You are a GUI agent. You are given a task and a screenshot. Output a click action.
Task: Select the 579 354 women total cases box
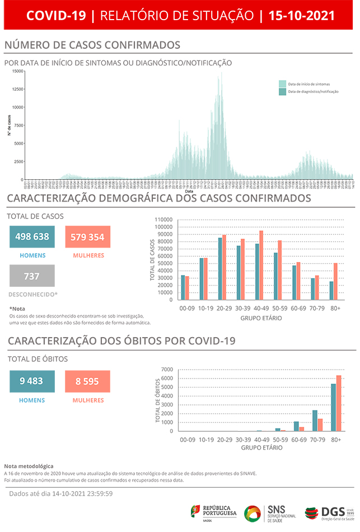pyautogui.click(x=88, y=237)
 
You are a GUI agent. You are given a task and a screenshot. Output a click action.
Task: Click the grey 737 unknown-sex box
pyautogui.click(x=32, y=276)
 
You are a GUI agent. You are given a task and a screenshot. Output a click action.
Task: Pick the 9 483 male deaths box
pyautogui.click(x=32, y=381)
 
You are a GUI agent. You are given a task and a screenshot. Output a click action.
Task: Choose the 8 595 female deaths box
pyautogui.click(x=88, y=381)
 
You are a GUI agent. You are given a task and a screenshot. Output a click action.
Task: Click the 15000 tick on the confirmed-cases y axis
pyautogui.click(x=17, y=71)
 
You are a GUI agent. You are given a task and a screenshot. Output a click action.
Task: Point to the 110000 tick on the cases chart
pyautogui.click(x=162, y=220)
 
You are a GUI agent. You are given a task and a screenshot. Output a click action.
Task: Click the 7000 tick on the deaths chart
pyautogui.click(x=167, y=370)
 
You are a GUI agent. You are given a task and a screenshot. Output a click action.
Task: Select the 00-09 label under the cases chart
pyautogui.click(x=187, y=309)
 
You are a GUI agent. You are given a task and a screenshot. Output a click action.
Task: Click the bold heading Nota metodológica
pyautogui.click(x=29, y=466)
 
